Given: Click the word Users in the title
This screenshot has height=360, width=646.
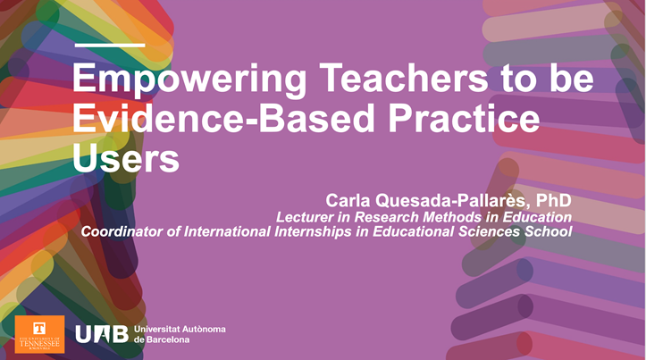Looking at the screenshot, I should click(x=125, y=158).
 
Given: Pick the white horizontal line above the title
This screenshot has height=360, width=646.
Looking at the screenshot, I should click(x=108, y=44).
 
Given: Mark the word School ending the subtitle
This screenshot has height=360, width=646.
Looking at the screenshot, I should click(x=547, y=232).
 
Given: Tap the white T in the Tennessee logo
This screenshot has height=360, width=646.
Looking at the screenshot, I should click(x=39, y=328).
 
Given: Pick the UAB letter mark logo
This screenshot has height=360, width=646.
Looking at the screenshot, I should click(x=101, y=334).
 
